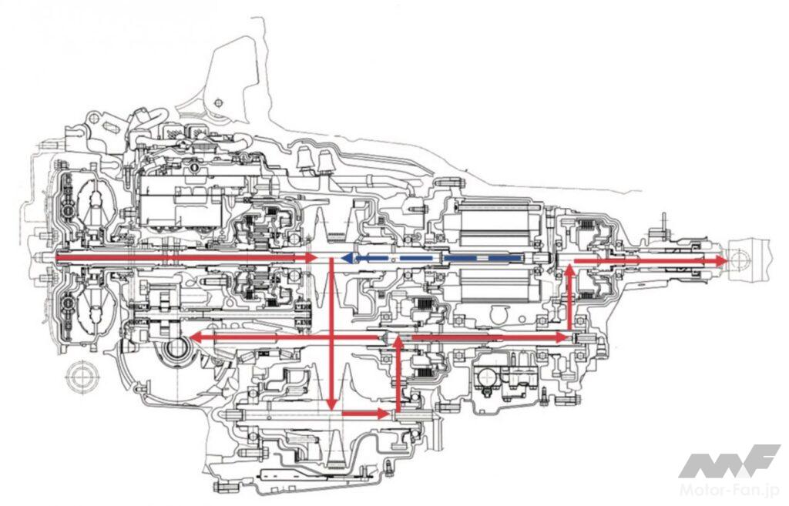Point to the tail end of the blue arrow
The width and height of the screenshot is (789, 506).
(532, 259)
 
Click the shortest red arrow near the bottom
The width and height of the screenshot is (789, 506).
(365, 414)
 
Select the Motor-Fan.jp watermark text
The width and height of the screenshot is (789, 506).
(733, 488)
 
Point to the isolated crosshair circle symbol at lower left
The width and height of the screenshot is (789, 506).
(80, 378)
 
